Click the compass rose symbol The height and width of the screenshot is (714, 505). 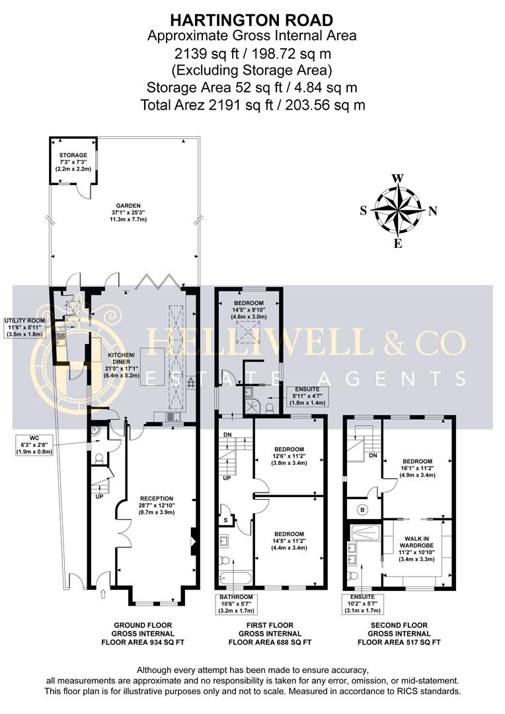point(398,211)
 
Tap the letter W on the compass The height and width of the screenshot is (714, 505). point(398,178)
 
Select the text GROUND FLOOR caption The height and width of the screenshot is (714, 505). point(143,633)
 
